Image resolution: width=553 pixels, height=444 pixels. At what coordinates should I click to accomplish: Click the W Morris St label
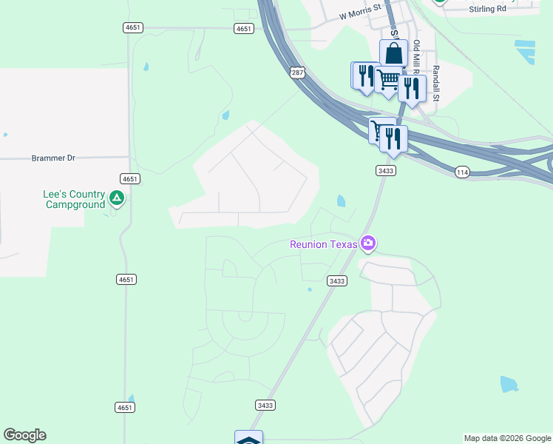359,14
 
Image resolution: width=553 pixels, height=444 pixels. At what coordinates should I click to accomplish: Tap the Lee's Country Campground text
74,199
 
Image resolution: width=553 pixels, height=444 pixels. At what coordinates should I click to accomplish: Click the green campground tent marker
116,198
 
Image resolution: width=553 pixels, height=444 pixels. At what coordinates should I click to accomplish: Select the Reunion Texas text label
324,244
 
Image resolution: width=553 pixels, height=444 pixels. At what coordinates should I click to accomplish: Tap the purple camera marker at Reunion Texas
368,243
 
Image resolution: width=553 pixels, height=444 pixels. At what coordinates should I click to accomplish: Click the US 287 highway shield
297,73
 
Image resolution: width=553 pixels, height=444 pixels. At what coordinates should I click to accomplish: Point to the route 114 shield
462,172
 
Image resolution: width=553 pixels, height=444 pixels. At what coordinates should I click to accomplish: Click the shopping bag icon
393,53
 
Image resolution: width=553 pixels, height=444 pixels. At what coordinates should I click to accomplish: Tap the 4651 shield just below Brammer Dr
129,179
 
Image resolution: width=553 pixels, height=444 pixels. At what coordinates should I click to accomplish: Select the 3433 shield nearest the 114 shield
385,170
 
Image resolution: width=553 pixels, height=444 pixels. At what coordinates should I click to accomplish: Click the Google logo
25,435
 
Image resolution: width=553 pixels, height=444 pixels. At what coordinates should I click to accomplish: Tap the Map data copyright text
508,438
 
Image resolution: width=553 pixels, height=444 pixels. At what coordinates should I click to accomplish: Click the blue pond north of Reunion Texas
340,201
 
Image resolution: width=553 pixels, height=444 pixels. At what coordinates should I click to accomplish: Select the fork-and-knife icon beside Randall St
412,89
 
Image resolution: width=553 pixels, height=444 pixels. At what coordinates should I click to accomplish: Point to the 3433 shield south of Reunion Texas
336,280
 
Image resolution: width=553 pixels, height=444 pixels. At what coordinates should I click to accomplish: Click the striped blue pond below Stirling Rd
526,53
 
